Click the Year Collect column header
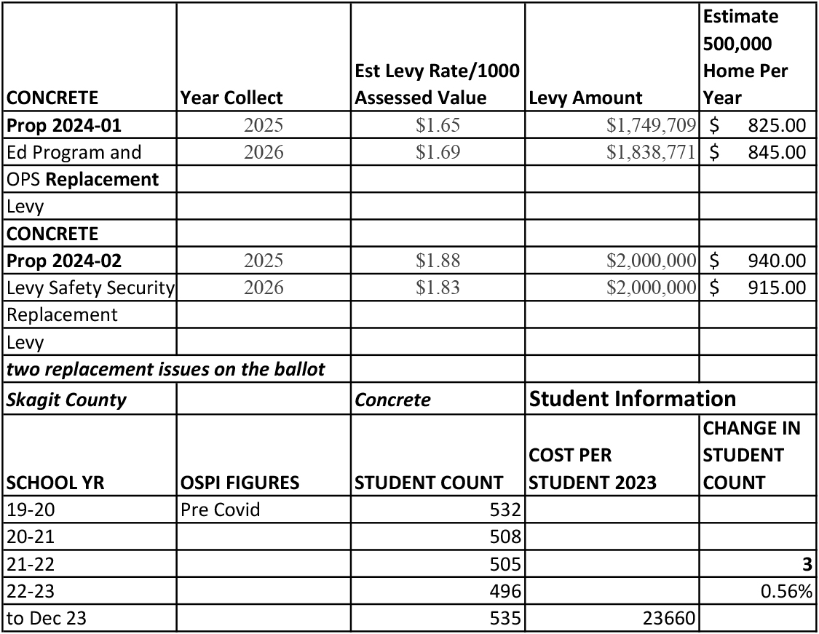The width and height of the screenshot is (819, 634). [x=232, y=98]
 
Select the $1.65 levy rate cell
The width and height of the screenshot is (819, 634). [x=438, y=125]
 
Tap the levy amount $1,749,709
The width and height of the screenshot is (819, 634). [x=652, y=125]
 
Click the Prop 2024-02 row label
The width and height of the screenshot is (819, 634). [x=64, y=261]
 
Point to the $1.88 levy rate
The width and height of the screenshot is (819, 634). [x=438, y=261]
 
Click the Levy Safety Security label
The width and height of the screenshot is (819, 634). [x=90, y=288]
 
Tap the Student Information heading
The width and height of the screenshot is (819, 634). [x=632, y=399]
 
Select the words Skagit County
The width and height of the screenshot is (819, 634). [x=66, y=400]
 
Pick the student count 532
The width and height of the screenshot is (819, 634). [x=507, y=510]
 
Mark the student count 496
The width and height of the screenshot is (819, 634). [x=507, y=592]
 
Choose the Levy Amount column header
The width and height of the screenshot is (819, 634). [x=585, y=98]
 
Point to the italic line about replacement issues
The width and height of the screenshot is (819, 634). [x=165, y=370]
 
